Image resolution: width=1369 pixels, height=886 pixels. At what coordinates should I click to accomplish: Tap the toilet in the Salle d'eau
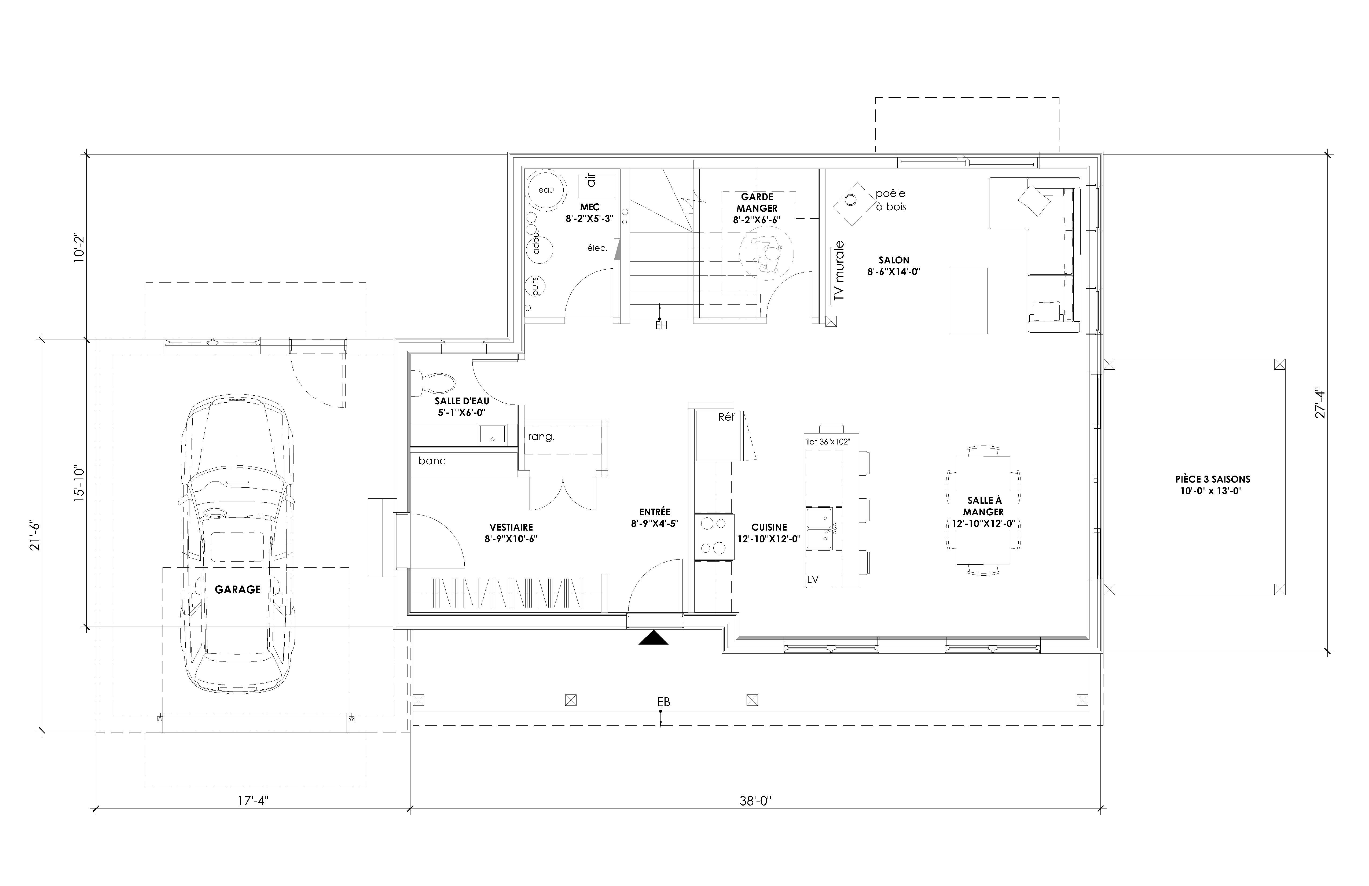coord(433,381)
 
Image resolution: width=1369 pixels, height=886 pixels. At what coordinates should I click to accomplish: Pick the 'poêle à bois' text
coord(890,200)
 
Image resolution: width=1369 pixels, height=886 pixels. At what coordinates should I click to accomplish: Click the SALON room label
coord(894,260)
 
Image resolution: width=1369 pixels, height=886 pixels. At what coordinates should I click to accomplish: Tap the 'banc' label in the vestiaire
coord(432,461)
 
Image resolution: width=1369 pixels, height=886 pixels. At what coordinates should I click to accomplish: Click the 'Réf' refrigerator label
coord(726,417)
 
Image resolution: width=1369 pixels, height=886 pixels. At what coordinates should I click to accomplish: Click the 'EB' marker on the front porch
coord(663,702)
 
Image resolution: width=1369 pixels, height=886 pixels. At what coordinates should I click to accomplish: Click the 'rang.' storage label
coord(541,437)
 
